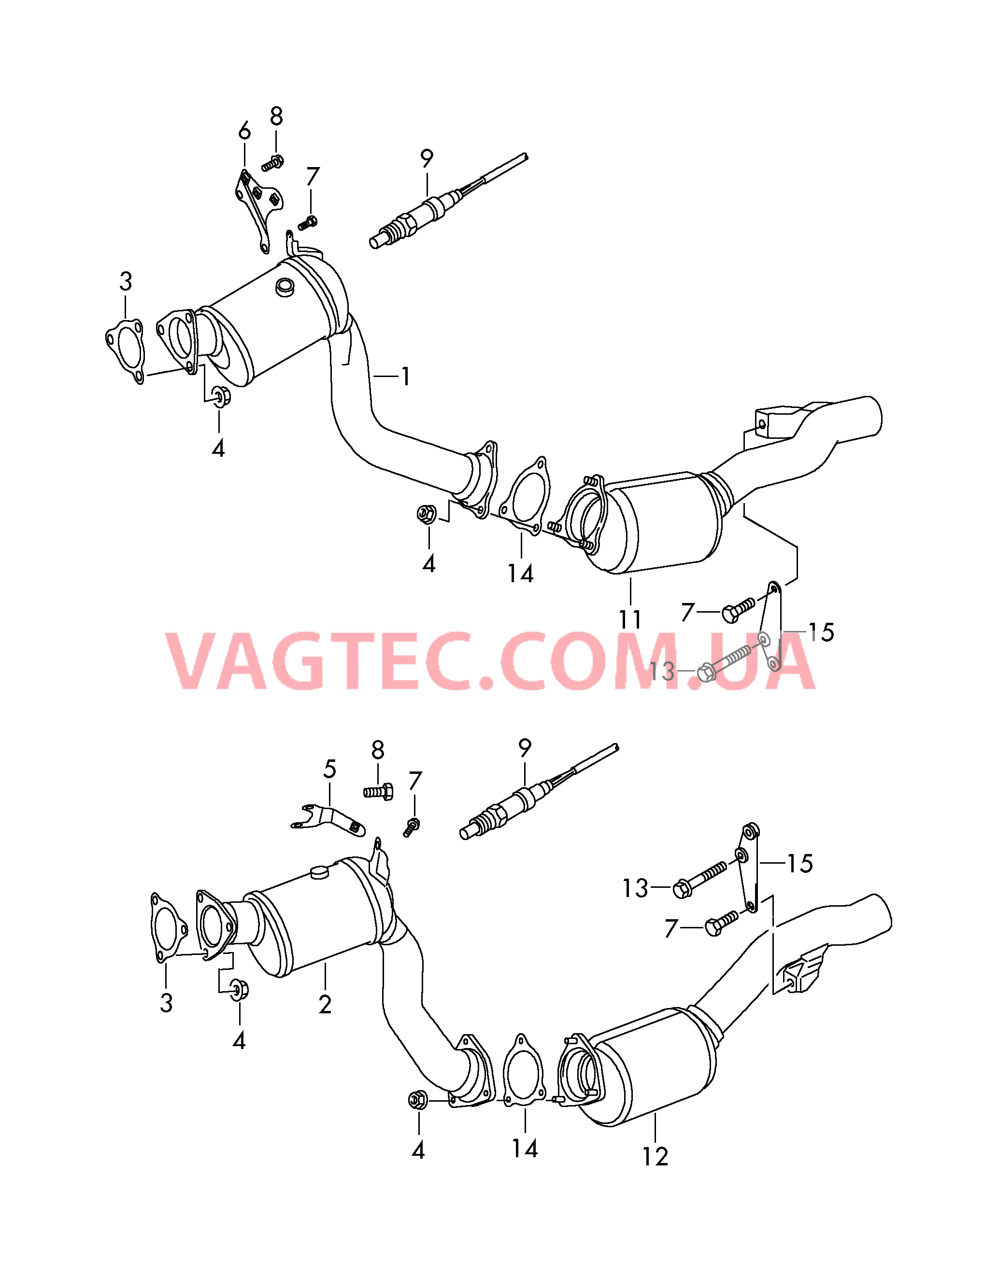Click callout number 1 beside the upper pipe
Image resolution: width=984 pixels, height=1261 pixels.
click(x=406, y=377)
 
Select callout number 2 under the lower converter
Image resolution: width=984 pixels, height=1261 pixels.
click(x=325, y=1005)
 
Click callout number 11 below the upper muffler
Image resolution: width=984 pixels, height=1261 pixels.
click(x=630, y=619)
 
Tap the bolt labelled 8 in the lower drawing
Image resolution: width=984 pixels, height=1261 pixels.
click(x=378, y=791)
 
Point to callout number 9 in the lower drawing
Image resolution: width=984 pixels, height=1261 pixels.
click(x=525, y=748)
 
